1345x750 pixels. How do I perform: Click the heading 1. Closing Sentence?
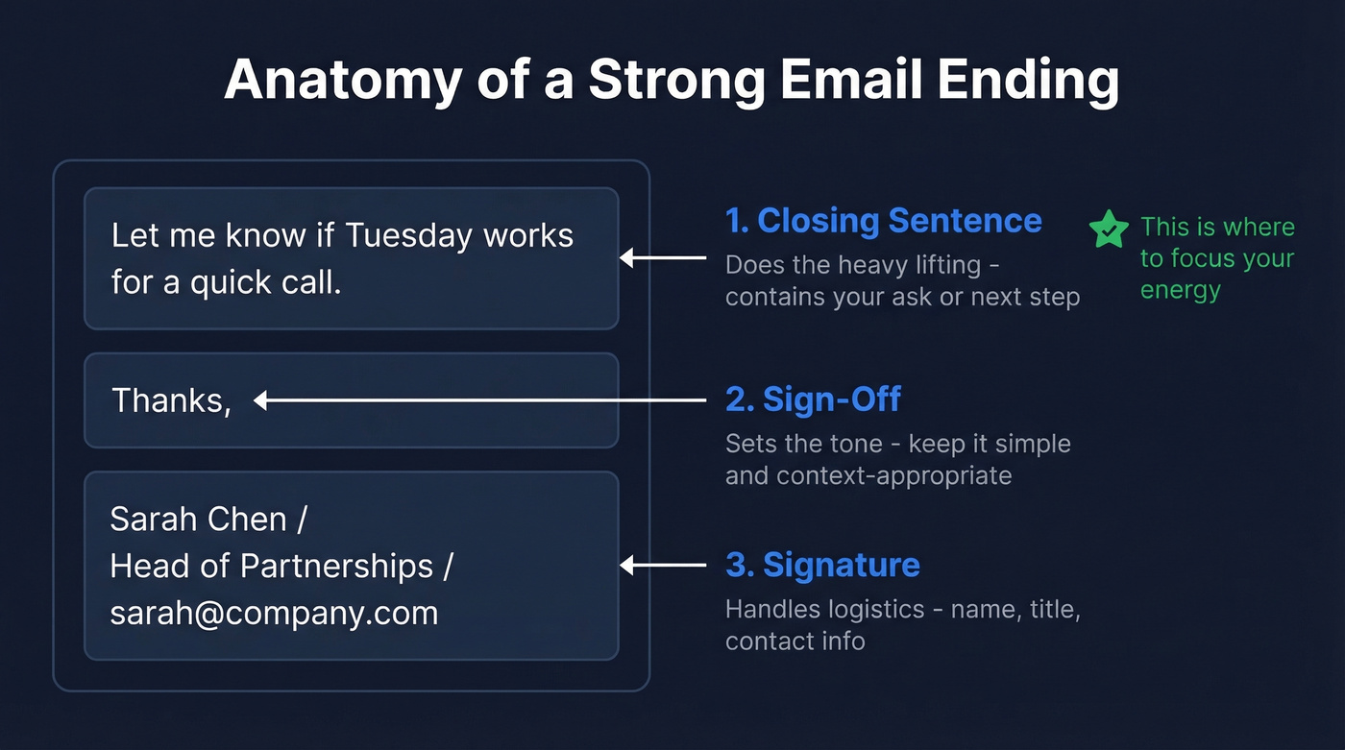(883, 221)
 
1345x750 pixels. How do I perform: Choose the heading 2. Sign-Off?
(813, 399)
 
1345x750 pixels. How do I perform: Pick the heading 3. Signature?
(822, 565)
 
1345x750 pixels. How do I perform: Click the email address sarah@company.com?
(274, 613)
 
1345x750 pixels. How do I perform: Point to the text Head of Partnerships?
(272, 566)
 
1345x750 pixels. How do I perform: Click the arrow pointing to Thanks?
(479, 400)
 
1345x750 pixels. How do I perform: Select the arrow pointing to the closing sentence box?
(663, 257)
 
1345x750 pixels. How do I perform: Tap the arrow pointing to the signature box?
(663, 566)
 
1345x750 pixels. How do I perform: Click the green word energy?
(1180, 290)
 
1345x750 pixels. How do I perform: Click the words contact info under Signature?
(795, 641)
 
